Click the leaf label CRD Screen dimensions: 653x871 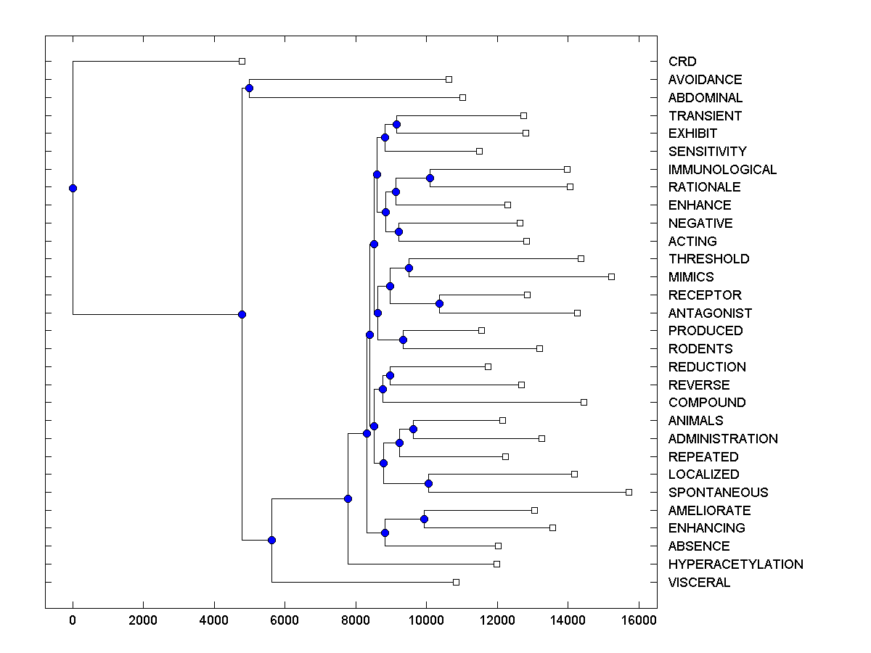click(x=682, y=62)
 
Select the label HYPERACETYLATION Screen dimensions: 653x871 click(x=735, y=564)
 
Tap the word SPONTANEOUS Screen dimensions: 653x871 click(x=718, y=493)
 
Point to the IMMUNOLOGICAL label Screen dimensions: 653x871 click(x=722, y=170)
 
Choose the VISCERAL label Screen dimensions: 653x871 click(x=699, y=583)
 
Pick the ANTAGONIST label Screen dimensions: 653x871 click(x=710, y=313)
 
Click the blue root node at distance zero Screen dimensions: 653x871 click(x=73, y=188)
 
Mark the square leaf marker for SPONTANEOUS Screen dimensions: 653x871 click(x=629, y=492)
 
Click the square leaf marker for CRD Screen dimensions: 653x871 click(x=242, y=61)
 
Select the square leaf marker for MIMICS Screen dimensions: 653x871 click(x=611, y=276)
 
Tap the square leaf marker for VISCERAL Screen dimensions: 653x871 click(x=456, y=582)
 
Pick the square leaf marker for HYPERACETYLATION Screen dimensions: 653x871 click(x=496, y=564)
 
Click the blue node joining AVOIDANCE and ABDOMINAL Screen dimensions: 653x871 click(x=249, y=88)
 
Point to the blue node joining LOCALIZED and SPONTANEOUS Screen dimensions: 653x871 click(x=428, y=483)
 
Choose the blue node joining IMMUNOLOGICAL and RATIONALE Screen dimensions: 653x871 click(x=430, y=178)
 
